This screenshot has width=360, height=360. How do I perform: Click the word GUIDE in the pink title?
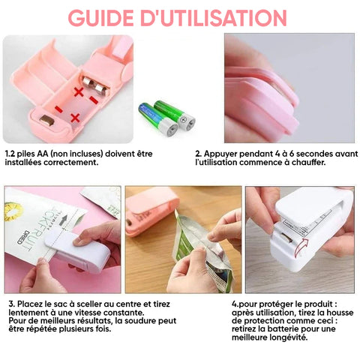coord(100,18)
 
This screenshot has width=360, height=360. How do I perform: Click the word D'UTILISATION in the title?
coord(214,18)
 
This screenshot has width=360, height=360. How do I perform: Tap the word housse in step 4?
coord(340,313)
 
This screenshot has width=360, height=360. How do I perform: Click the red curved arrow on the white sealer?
coord(300,248)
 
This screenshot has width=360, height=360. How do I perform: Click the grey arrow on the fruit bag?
coord(64,220)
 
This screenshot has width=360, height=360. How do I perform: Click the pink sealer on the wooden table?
coord(152,213)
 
